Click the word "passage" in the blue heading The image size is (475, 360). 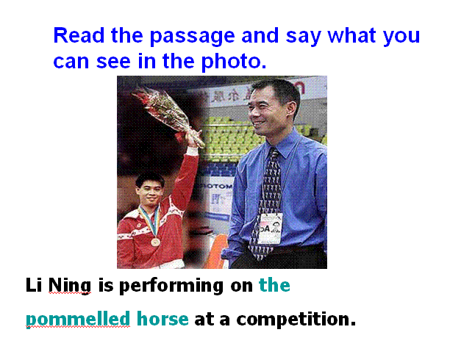point(193,37)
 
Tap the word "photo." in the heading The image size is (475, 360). point(234,62)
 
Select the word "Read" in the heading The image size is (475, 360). point(79,35)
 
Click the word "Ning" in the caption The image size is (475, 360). point(70,286)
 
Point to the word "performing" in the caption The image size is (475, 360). point(171,286)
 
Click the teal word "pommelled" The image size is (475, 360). point(78,320)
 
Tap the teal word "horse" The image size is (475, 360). point(162,319)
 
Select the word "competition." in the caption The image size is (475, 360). point(296,320)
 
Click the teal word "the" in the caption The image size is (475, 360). point(274,285)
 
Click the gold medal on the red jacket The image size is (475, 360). point(155,242)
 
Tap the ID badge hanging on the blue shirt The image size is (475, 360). point(271,228)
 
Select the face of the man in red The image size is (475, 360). point(149,191)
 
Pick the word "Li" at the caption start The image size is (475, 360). point(33,285)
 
